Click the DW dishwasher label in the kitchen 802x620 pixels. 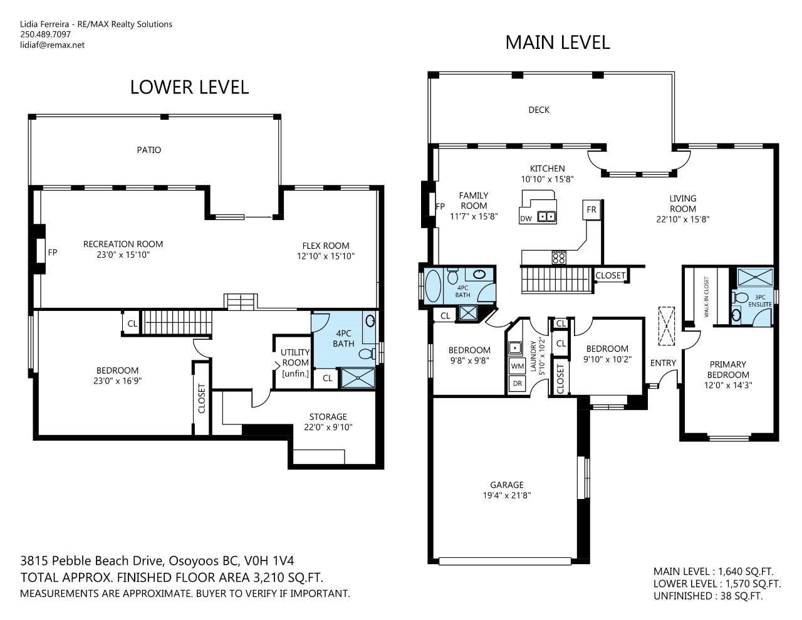click(526, 219)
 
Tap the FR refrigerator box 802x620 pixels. click(591, 210)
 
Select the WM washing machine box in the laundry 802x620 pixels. click(518, 366)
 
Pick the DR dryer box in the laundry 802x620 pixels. click(518, 384)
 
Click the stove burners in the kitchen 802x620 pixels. click(559, 258)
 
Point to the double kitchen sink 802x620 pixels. click(546, 216)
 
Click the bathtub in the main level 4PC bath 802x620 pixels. click(433, 286)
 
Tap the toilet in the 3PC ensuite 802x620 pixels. click(741, 297)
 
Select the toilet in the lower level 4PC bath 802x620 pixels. click(367, 354)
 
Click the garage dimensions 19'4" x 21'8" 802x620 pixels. click(507, 495)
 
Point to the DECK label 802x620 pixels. click(539, 110)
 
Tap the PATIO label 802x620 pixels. click(149, 150)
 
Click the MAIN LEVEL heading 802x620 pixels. click(557, 43)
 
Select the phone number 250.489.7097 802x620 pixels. click(45, 34)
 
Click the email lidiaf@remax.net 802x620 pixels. click(53, 45)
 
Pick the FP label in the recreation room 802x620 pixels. click(53, 252)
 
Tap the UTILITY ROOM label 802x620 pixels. click(295, 357)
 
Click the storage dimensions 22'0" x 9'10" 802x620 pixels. click(328, 428)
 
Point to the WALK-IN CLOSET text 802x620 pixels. click(706, 297)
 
